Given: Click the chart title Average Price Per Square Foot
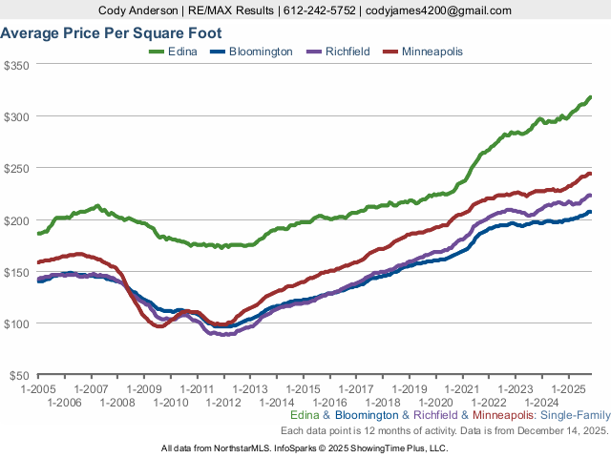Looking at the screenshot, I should tap(111, 32).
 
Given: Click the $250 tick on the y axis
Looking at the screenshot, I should tap(18, 168).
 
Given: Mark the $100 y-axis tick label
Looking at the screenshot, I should tap(18, 323).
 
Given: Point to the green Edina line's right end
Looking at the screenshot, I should tap(590, 97).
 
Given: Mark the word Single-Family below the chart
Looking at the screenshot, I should tap(575, 416).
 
